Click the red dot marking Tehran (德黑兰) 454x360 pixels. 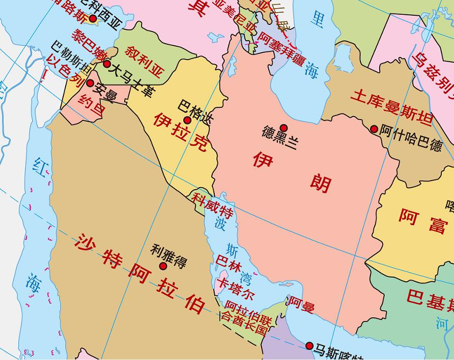(x=283, y=128)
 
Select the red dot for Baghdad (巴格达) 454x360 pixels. (x=187, y=120)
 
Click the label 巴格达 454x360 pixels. (x=195, y=109)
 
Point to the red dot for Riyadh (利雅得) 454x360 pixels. (x=163, y=266)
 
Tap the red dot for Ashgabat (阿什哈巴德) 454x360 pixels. (x=374, y=129)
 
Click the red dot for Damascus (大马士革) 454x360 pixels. (x=107, y=64)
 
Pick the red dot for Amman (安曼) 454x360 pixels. (x=90, y=83)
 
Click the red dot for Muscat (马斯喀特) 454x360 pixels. (x=309, y=346)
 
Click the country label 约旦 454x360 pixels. (x=92, y=103)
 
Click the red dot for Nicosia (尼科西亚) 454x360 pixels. (x=93, y=19)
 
